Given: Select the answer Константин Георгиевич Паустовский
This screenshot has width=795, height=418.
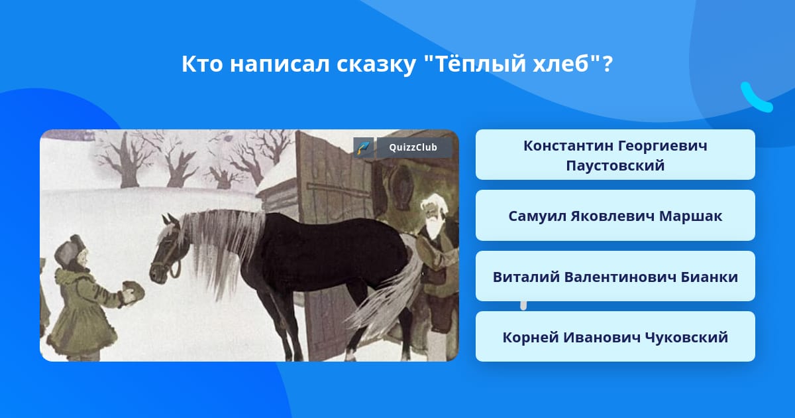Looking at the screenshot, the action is (x=615, y=155).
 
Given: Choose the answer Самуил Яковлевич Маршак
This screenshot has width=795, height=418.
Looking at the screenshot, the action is (x=615, y=216).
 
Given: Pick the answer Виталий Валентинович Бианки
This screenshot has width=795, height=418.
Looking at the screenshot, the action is (x=615, y=276).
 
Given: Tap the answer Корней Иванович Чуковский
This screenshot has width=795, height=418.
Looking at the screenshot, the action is (x=615, y=336).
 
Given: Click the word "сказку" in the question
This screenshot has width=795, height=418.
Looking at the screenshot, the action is (x=376, y=64).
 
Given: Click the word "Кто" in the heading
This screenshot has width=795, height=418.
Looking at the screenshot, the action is (x=202, y=64).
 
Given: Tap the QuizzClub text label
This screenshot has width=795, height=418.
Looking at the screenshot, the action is (x=413, y=147).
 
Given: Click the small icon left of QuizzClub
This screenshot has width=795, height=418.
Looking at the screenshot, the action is (x=364, y=147).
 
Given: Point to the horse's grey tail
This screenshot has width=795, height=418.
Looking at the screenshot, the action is (x=384, y=299).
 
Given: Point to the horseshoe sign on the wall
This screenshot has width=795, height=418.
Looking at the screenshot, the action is (x=401, y=186).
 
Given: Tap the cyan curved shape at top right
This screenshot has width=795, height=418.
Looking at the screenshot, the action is (x=755, y=98).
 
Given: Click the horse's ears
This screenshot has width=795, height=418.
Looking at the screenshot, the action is (x=170, y=219).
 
